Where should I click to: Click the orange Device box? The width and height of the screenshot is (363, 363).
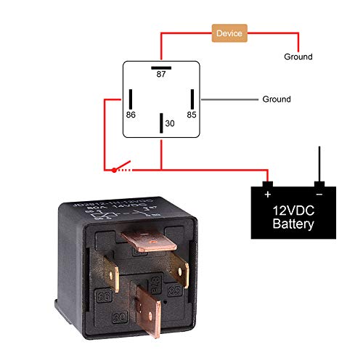click(230, 33)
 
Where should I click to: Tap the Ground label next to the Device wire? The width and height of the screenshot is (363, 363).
click(298, 57)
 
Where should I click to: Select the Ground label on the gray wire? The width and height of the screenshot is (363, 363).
click(276, 99)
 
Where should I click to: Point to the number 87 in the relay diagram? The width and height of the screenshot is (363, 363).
click(161, 73)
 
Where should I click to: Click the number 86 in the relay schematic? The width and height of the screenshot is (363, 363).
click(131, 115)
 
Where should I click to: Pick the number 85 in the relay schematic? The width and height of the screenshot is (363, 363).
click(192, 115)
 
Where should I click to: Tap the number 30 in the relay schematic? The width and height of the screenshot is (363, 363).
click(170, 123)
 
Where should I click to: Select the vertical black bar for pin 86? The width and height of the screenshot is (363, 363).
click(131, 99)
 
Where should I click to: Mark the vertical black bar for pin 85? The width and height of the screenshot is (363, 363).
click(192, 99)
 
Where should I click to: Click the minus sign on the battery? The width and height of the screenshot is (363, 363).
click(319, 195)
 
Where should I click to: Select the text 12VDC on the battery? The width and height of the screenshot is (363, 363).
click(293, 211)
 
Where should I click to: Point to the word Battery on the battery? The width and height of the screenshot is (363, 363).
click(293, 224)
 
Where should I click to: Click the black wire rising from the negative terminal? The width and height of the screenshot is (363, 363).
click(318, 163)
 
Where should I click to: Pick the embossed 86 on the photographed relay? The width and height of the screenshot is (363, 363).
click(104, 295)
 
